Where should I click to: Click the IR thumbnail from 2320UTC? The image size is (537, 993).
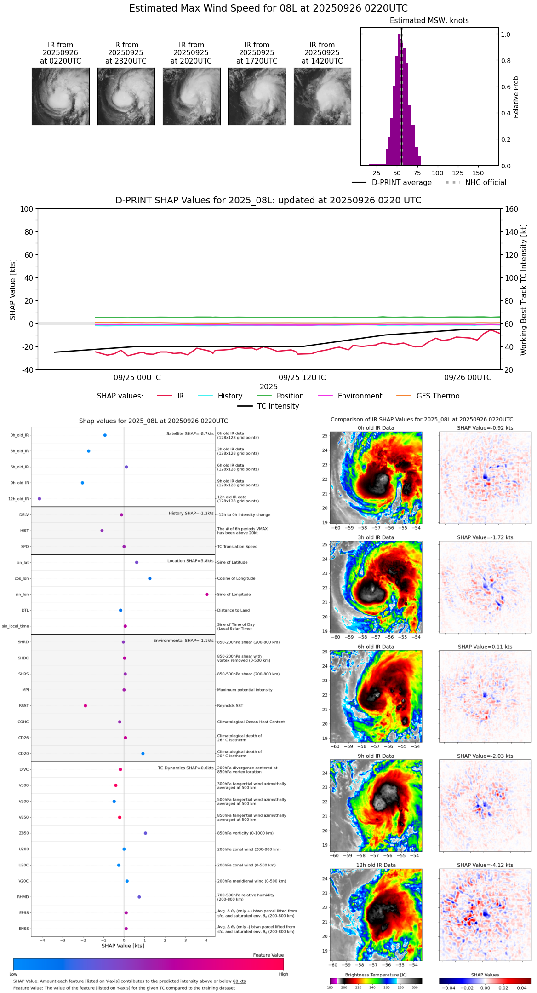(126, 96)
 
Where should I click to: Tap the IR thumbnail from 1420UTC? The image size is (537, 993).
(322, 96)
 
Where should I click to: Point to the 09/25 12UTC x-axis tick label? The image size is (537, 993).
(302, 378)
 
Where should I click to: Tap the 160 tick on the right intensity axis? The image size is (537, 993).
(511, 209)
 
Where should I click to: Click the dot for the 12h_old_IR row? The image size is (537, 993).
(40, 499)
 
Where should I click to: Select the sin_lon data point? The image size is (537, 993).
(207, 595)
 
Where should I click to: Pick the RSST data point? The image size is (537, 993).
(86, 706)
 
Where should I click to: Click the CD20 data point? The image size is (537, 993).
(143, 754)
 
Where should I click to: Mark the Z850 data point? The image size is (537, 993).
(145, 833)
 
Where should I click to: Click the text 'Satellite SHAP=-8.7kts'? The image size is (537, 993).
(190, 434)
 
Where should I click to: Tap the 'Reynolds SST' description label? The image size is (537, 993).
(230, 706)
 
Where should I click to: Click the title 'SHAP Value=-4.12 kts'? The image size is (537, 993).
(485, 866)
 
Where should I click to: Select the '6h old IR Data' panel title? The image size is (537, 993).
(376, 647)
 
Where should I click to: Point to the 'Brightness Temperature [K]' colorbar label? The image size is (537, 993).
(376, 975)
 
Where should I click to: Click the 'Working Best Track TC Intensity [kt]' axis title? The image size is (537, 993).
(524, 290)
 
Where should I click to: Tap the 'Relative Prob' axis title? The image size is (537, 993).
(516, 97)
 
